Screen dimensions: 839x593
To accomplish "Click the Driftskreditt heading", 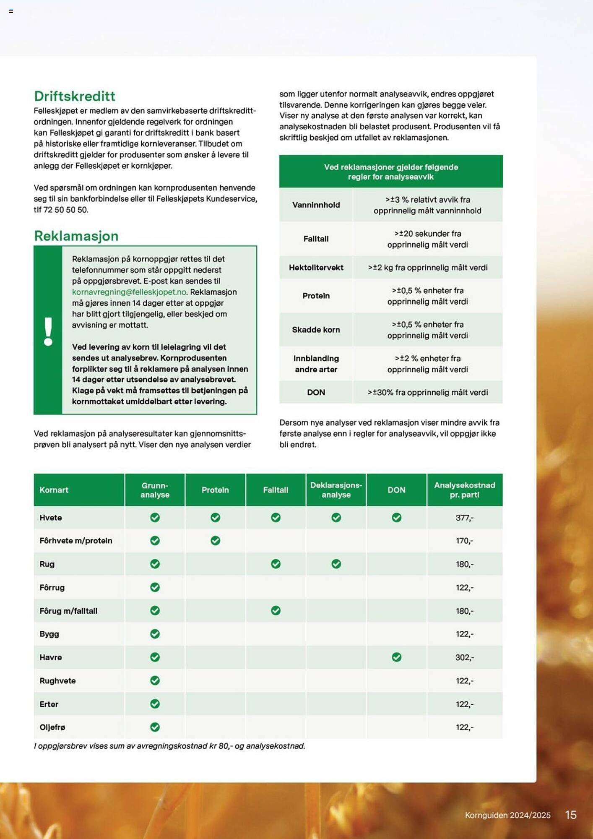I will [75, 96].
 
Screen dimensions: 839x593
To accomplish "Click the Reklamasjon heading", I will [76, 236].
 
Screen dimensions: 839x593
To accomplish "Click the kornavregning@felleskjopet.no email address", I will [129, 292].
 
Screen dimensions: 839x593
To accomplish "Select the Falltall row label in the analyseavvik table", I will [316, 239].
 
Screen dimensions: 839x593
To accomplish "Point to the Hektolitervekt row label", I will [316, 268].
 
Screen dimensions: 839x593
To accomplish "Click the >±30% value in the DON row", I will [427, 392].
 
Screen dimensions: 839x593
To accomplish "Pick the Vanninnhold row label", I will [316, 205].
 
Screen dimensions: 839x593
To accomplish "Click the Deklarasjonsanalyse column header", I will [336, 490].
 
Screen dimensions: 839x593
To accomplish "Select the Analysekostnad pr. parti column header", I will [464, 490].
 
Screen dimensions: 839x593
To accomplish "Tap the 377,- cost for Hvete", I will [464, 518].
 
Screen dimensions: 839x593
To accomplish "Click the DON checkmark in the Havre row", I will [396, 657].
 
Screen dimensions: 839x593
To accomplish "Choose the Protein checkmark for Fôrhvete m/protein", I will [215, 541].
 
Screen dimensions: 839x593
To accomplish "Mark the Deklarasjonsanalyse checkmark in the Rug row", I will [336, 564].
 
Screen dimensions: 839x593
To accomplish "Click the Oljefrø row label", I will [52, 727].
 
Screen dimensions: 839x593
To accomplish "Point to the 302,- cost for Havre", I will [464, 657].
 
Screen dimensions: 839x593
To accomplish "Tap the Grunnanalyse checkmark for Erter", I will [155, 704].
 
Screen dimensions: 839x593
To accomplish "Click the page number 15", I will [571, 815].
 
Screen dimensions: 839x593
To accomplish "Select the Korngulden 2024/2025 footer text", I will [507, 815].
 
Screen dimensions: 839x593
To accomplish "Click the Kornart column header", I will [54, 490].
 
